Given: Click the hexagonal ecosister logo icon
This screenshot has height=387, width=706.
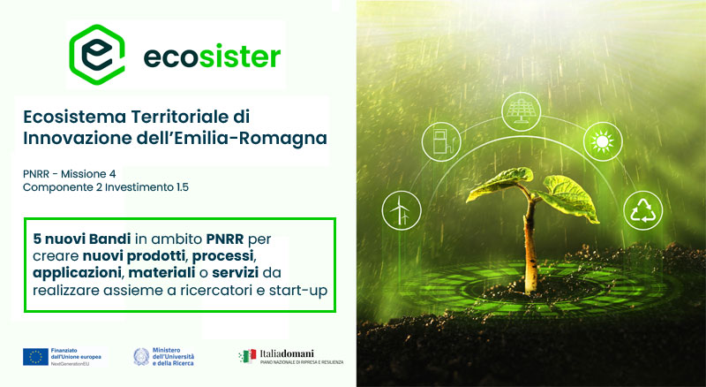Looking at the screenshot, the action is pos(97,55).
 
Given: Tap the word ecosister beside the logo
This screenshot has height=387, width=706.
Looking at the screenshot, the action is pos(212,57).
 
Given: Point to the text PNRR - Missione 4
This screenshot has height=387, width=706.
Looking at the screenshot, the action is pos(70,174).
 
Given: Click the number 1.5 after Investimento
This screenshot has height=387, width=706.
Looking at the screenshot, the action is pos(183,186).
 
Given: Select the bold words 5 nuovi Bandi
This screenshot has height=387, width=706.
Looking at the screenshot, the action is pos(82,239).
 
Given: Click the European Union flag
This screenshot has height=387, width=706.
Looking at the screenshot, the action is pos(35,356).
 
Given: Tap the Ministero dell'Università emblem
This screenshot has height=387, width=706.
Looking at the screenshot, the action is pos(141,356).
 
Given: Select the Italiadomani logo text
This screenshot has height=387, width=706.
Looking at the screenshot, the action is pos(287,353).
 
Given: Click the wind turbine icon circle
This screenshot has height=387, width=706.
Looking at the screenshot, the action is pos(402,210).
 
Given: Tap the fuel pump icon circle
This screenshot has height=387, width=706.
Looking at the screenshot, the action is pos(441,141).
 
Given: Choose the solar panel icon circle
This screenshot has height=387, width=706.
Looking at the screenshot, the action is pos(522,111).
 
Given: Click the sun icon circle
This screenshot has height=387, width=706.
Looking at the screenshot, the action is pos(603,141).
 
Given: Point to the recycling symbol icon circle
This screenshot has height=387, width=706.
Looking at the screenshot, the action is pos(643,210).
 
